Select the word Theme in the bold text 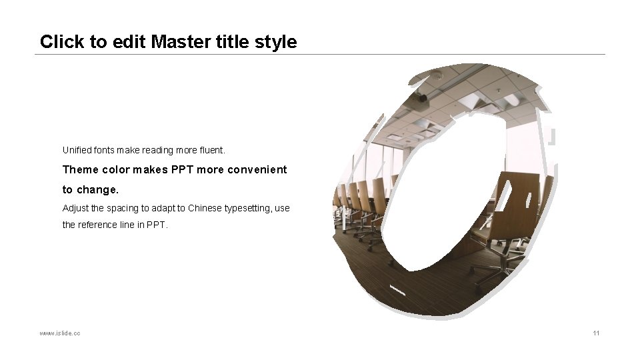80,169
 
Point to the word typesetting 247,208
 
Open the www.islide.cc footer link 60,333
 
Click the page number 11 595,333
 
